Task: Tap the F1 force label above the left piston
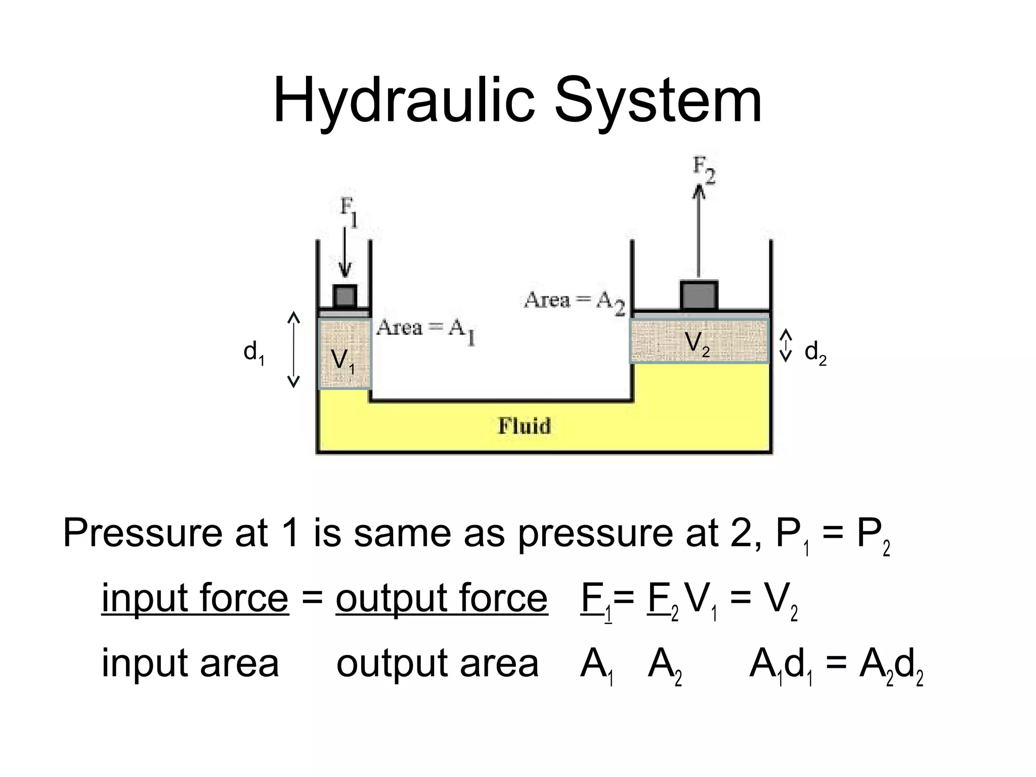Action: click(348, 212)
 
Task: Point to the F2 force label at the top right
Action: click(704, 170)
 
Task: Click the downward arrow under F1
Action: click(345, 253)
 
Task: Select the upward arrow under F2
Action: click(699, 233)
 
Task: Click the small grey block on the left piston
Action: click(345, 296)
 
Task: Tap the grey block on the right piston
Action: click(699, 296)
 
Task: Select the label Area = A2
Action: click(574, 302)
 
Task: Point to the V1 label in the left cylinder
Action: click(342, 361)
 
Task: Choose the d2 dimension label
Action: click(815, 353)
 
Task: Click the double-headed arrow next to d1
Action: click(293, 350)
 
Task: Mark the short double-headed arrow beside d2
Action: click(785, 346)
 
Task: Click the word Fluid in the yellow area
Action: click(524, 426)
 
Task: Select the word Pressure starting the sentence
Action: click(142, 534)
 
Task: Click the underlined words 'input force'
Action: click(195, 599)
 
